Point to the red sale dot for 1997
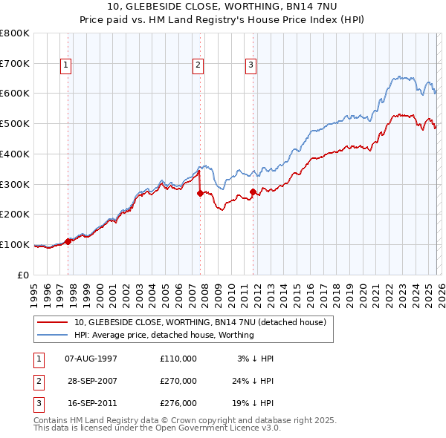coord(68,241)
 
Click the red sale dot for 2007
coord(200,193)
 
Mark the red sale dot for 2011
coord(253,192)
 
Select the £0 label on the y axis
coord(22,275)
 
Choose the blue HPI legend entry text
coord(164,335)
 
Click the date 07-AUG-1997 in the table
coord(91,359)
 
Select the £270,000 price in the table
coord(178,381)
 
